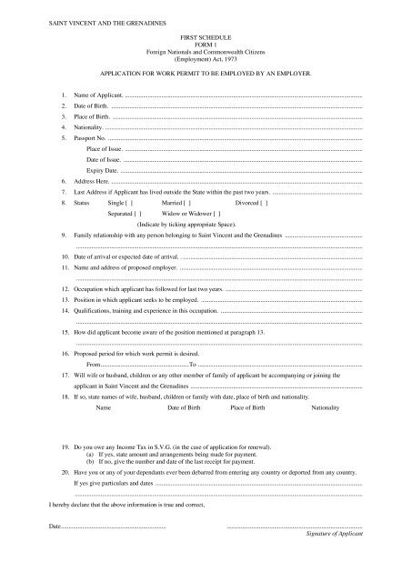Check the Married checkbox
click(x=186, y=206)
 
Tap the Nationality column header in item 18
click(x=326, y=409)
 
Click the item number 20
click(x=54, y=474)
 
